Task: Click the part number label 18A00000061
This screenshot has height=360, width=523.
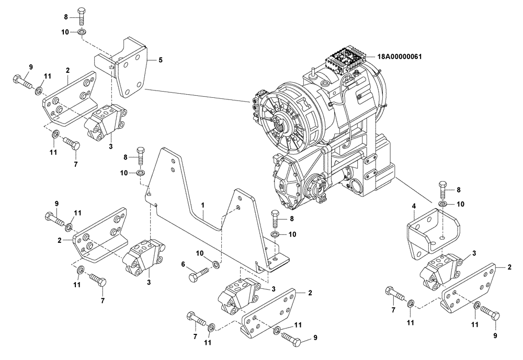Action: (396, 57)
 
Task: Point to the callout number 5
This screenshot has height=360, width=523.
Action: (161, 60)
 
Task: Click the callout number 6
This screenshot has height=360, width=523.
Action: (183, 265)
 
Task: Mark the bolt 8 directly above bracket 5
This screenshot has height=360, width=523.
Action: (82, 17)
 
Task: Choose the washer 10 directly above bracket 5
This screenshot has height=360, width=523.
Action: (82, 32)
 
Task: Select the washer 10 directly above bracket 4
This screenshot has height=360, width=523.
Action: (442, 203)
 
